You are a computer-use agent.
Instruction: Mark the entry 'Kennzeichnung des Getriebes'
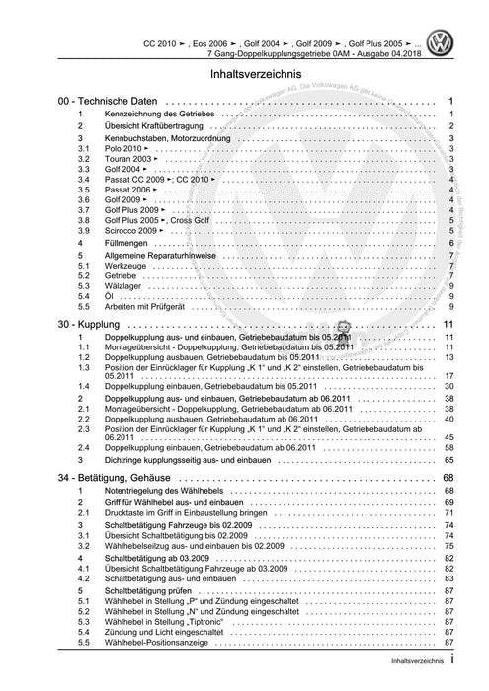tap(158, 116)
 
